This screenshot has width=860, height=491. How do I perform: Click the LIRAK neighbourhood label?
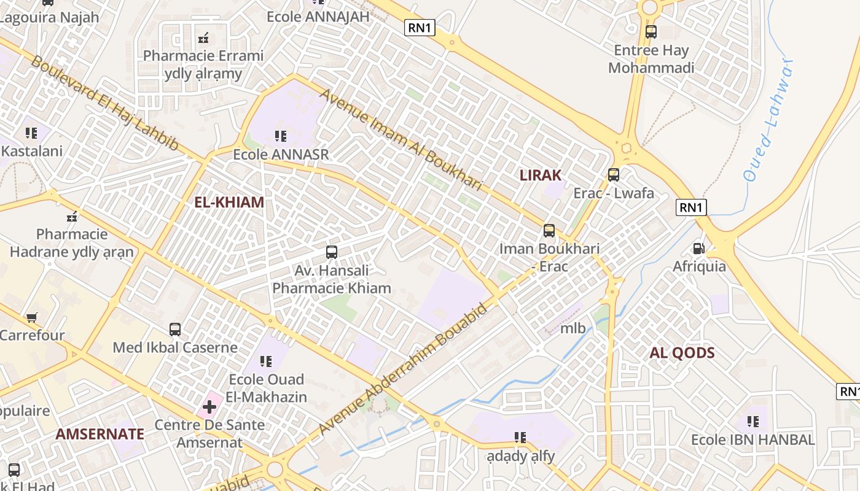[541, 176]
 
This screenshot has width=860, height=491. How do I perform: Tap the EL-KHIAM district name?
[229, 203]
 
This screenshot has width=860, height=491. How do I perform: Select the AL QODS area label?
[682, 353]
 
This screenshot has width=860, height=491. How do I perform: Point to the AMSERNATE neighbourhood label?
[100, 435]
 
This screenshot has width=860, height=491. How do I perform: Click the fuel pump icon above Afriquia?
[698, 249]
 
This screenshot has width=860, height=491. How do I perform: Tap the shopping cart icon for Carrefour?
[31, 318]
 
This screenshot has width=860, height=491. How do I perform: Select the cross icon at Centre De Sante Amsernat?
[209, 406]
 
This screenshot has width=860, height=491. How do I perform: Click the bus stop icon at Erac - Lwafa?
[613, 175]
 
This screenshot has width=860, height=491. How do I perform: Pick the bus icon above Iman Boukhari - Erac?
[549, 231]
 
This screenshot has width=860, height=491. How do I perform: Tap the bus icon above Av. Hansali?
[332, 252]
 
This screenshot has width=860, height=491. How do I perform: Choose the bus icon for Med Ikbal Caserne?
[175, 330]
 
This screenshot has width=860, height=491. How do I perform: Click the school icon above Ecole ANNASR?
[281, 136]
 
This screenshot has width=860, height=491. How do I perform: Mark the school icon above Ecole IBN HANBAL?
[753, 422]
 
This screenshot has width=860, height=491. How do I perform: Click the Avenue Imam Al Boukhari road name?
[401, 140]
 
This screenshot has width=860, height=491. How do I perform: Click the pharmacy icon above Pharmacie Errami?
[203, 38]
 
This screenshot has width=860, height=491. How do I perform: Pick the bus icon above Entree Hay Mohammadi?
[651, 32]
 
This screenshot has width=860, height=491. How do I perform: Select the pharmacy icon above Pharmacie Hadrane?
[72, 216]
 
